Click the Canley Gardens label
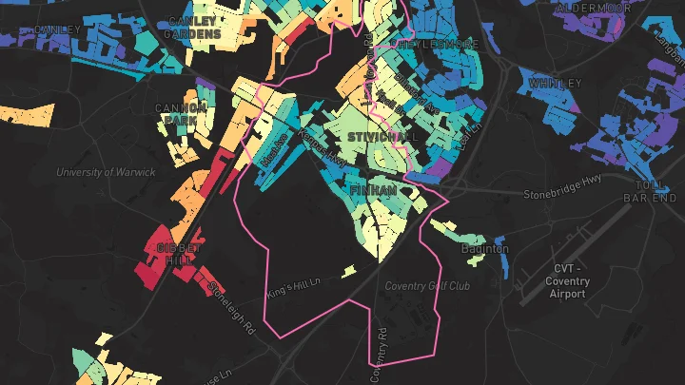[x=194, y=27]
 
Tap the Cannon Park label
[x=181, y=114]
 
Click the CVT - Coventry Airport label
[x=570, y=281]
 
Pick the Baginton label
[x=485, y=249]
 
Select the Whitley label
[x=554, y=84]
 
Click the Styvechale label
[x=383, y=137]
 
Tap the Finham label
[x=374, y=191]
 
